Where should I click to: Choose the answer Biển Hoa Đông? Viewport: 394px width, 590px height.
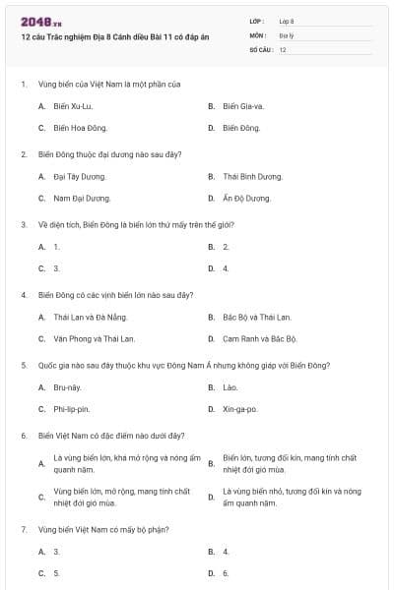click(81, 128)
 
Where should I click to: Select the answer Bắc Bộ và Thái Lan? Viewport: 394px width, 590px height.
click(254, 317)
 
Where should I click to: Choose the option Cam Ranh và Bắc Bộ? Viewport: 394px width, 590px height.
click(259, 338)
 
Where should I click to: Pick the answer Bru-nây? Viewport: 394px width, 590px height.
click(66, 387)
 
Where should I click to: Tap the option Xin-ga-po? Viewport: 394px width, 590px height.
click(240, 409)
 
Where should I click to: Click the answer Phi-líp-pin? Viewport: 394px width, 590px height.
click(72, 409)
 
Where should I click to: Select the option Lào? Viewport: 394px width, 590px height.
click(230, 387)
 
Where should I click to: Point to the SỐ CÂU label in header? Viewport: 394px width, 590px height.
click(259, 48)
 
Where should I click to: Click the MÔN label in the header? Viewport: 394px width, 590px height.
click(257, 34)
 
